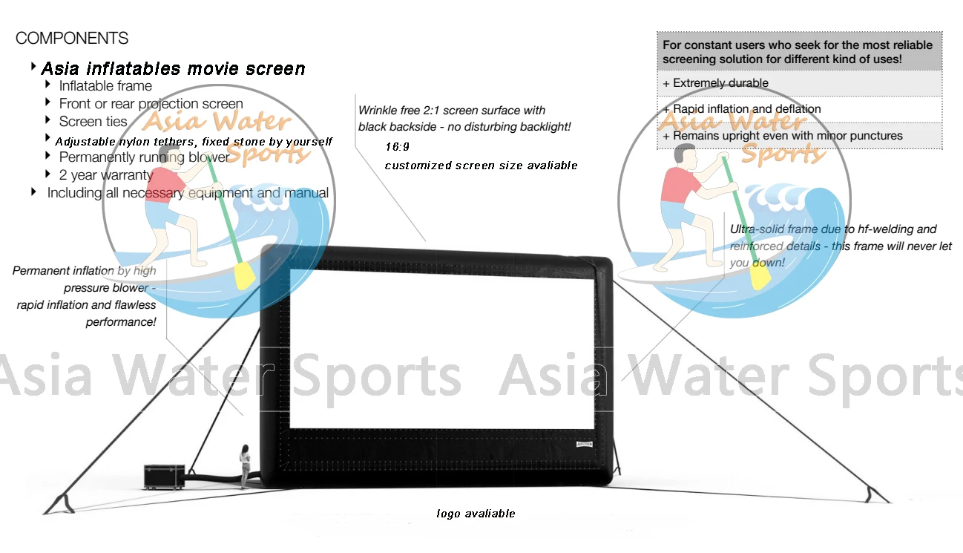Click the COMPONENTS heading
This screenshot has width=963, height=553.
72,39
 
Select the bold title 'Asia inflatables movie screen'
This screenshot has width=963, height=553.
173,69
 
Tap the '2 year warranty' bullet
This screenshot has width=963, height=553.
106,175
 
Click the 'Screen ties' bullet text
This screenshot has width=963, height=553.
93,121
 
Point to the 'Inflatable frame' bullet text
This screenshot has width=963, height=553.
105,86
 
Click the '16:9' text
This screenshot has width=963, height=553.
397,147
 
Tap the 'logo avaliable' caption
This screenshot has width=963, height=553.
476,514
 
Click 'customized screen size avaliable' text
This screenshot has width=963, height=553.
481,166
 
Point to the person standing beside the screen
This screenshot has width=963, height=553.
243,466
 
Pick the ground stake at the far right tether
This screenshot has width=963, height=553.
881,493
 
